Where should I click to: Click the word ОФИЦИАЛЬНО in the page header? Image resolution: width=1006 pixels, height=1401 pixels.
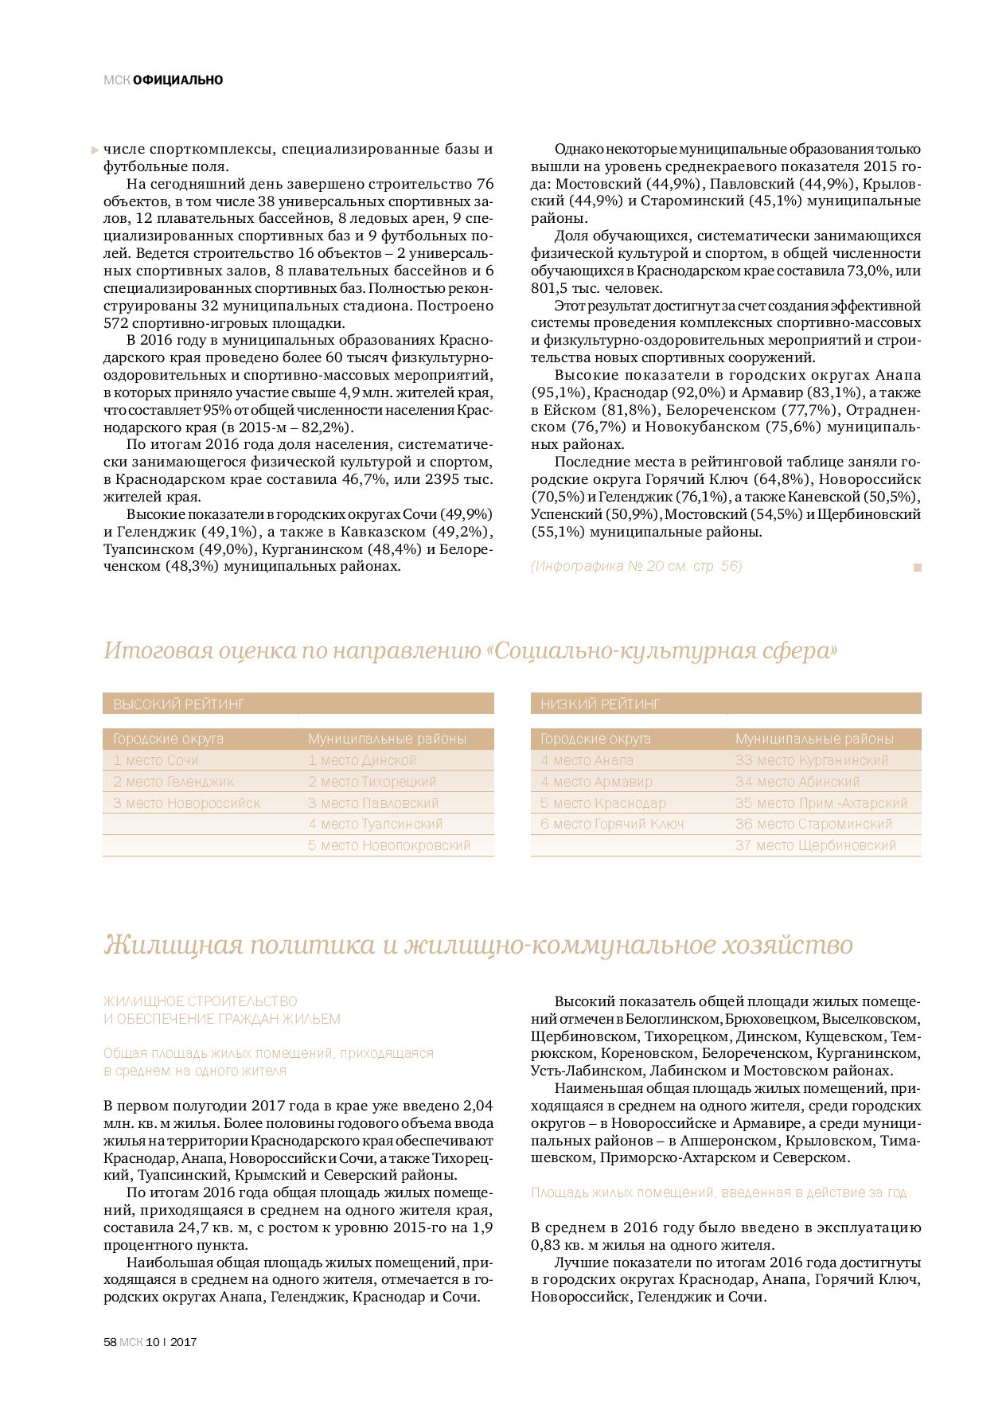click(x=178, y=80)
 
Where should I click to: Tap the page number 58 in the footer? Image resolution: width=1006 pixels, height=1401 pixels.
click(x=111, y=1341)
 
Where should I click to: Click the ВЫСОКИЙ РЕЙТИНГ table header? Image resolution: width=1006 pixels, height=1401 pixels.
click(x=178, y=704)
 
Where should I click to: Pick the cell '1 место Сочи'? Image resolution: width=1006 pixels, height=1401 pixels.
click(x=156, y=760)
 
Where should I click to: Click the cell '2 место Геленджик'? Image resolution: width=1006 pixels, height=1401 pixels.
click(x=174, y=782)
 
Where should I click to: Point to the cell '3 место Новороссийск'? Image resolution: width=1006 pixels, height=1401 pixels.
click(x=186, y=803)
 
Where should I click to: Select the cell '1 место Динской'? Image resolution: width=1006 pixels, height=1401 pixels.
click(x=362, y=760)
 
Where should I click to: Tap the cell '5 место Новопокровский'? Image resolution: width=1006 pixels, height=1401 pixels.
click(x=389, y=845)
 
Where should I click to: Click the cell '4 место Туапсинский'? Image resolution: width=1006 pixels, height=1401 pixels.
click(x=375, y=824)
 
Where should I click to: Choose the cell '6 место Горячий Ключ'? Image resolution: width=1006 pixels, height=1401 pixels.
click(x=612, y=824)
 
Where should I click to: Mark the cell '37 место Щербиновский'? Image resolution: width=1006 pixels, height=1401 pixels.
click(x=816, y=845)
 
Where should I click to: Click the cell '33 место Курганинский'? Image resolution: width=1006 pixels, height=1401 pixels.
click(x=812, y=760)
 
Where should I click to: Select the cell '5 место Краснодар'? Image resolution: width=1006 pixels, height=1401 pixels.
click(x=602, y=803)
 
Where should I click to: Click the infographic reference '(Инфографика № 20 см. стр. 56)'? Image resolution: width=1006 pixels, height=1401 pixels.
click(x=636, y=566)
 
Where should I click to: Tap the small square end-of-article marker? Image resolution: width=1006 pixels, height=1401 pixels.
click(x=917, y=568)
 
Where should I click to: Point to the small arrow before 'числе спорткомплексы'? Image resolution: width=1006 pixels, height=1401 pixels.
click(x=96, y=149)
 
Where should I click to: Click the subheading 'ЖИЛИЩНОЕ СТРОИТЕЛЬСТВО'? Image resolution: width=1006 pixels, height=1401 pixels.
click(x=200, y=1001)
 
